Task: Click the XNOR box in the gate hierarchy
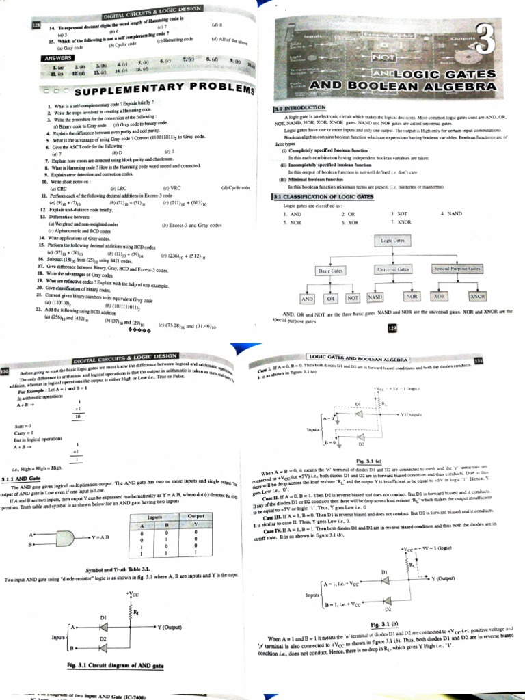476,297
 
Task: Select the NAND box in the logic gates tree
375,298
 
